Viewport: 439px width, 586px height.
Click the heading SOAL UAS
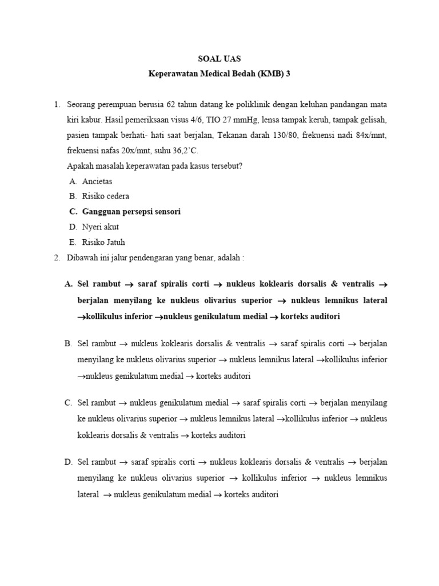(x=219, y=58)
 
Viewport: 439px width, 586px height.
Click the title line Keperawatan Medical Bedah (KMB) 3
(x=219, y=74)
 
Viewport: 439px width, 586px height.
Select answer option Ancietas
(x=98, y=181)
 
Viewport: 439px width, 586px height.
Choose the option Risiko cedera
(x=106, y=196)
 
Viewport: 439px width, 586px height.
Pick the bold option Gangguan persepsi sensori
(x=131, y=212)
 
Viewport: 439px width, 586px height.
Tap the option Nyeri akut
(x=101, y=227)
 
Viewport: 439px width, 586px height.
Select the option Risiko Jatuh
(x=103, y=243)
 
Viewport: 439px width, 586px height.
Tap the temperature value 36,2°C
(x=184, y=151)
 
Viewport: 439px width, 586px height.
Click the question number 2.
(x=57, y=258)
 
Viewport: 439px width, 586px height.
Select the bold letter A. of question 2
(x=69, y=284)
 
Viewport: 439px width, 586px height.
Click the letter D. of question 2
(x=69, y=462)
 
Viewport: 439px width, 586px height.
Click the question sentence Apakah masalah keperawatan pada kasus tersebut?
(x=155, y=166)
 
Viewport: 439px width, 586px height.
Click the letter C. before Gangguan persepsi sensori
(x=73, y=212)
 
